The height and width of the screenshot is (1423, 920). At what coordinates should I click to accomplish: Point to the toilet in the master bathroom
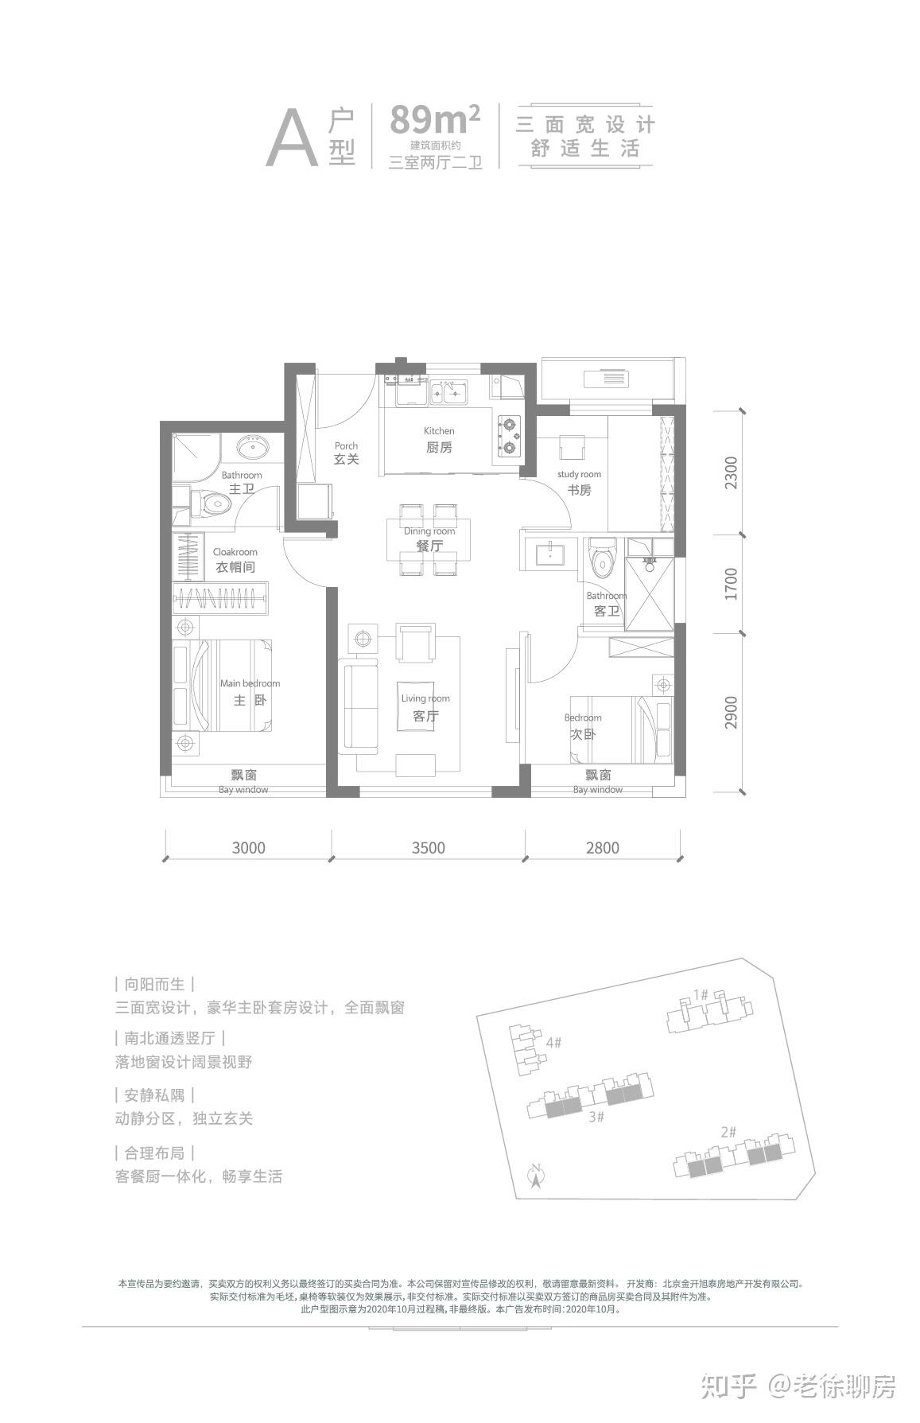click(x=209, y=503)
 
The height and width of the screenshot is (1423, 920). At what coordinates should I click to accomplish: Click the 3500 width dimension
click(x=428, y=847)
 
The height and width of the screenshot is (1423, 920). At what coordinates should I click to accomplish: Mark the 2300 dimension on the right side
click(x=732, y=472)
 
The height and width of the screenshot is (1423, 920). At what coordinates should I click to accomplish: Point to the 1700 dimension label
click(x=732, y=584)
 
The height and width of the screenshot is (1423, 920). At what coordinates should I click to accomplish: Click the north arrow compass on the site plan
click(x=536, y=1176)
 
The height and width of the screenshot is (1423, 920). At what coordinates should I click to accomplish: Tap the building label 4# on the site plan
click(x=554, y=1042)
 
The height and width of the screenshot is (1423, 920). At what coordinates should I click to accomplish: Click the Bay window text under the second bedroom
click(x=598, y=790)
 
